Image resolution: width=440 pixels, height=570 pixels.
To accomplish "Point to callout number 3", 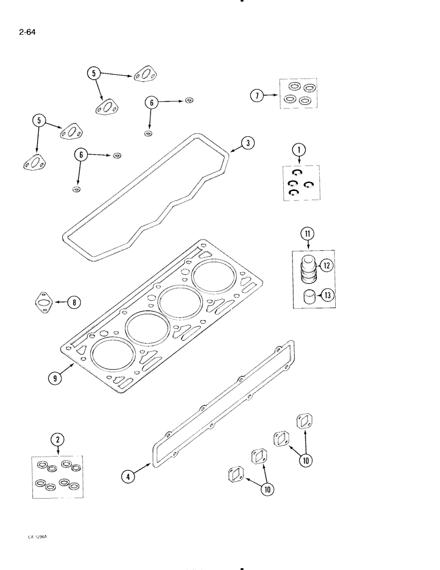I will tap(247, 144).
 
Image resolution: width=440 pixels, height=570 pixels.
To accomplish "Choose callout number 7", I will tap(258, 96).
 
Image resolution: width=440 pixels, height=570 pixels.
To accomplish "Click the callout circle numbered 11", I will tap(308, 233).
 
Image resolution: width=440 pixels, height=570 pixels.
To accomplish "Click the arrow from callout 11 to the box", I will tap(308, 245).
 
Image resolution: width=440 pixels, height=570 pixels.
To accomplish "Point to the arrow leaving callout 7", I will tap(272, 96).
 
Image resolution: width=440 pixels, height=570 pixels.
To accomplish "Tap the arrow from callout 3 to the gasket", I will tap(234, 148).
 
